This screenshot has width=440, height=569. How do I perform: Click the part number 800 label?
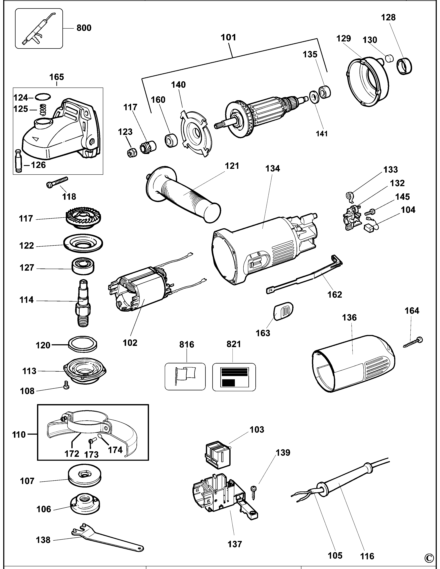[x=84, y=28]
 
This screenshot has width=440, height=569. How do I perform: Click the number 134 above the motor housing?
[x=273, y=169]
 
